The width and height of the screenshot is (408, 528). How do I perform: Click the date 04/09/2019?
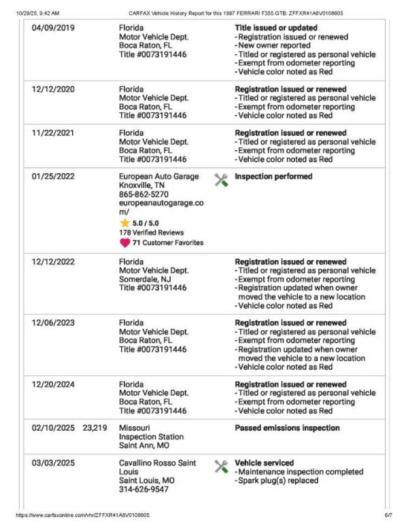[x=53, y=28]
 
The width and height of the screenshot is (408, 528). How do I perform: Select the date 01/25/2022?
[x=53, y=176]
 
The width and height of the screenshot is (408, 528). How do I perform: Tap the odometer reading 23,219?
[x=95, y=428]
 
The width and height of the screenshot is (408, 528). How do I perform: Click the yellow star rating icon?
[x=124, y=223]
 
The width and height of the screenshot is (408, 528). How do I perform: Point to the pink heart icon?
[x=124, y=242]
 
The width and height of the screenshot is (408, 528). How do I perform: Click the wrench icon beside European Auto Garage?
[x=221, y=180]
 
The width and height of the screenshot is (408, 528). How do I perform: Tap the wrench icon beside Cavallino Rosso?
[x=221, y=466]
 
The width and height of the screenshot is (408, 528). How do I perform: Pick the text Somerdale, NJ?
[x=145, y=279]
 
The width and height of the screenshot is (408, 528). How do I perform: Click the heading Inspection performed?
[x=273, y=177]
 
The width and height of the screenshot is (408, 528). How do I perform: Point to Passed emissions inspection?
[x=287, y=428]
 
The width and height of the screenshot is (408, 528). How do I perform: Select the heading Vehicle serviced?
[x=265, y=463]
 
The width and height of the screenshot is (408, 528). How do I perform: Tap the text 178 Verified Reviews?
[x=152, y=232]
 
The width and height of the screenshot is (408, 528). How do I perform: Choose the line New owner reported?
[x=274, y=46]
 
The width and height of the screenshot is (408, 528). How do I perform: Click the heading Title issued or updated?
[x=275, y=28]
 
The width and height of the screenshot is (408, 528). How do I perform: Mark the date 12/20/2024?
[x=53, y=385]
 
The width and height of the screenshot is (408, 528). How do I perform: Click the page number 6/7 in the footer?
[x=388, y=516]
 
